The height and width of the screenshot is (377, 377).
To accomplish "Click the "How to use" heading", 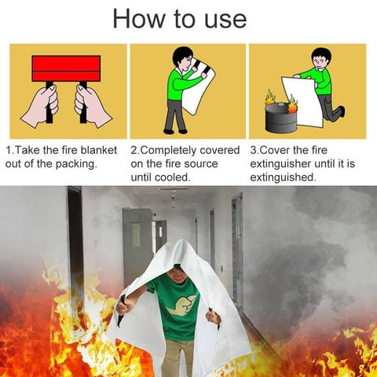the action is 180,19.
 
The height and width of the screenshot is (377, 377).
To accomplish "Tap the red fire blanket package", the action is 66,68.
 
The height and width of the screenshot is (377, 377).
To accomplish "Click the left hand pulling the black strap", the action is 41,106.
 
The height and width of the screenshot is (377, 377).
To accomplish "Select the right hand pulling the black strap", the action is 92,106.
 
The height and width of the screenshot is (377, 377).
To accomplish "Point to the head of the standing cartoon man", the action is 182,59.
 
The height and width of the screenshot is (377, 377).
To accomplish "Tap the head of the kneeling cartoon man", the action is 321,59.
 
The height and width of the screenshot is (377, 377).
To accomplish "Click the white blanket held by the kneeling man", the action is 303,101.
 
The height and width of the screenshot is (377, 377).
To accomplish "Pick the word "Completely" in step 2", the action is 168,151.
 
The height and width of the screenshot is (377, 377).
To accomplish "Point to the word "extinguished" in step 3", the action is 282,178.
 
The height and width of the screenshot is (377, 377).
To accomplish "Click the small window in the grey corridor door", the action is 136,235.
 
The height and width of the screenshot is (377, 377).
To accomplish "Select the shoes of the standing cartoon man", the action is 175,131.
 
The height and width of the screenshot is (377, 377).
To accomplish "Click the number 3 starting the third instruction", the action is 253,151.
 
